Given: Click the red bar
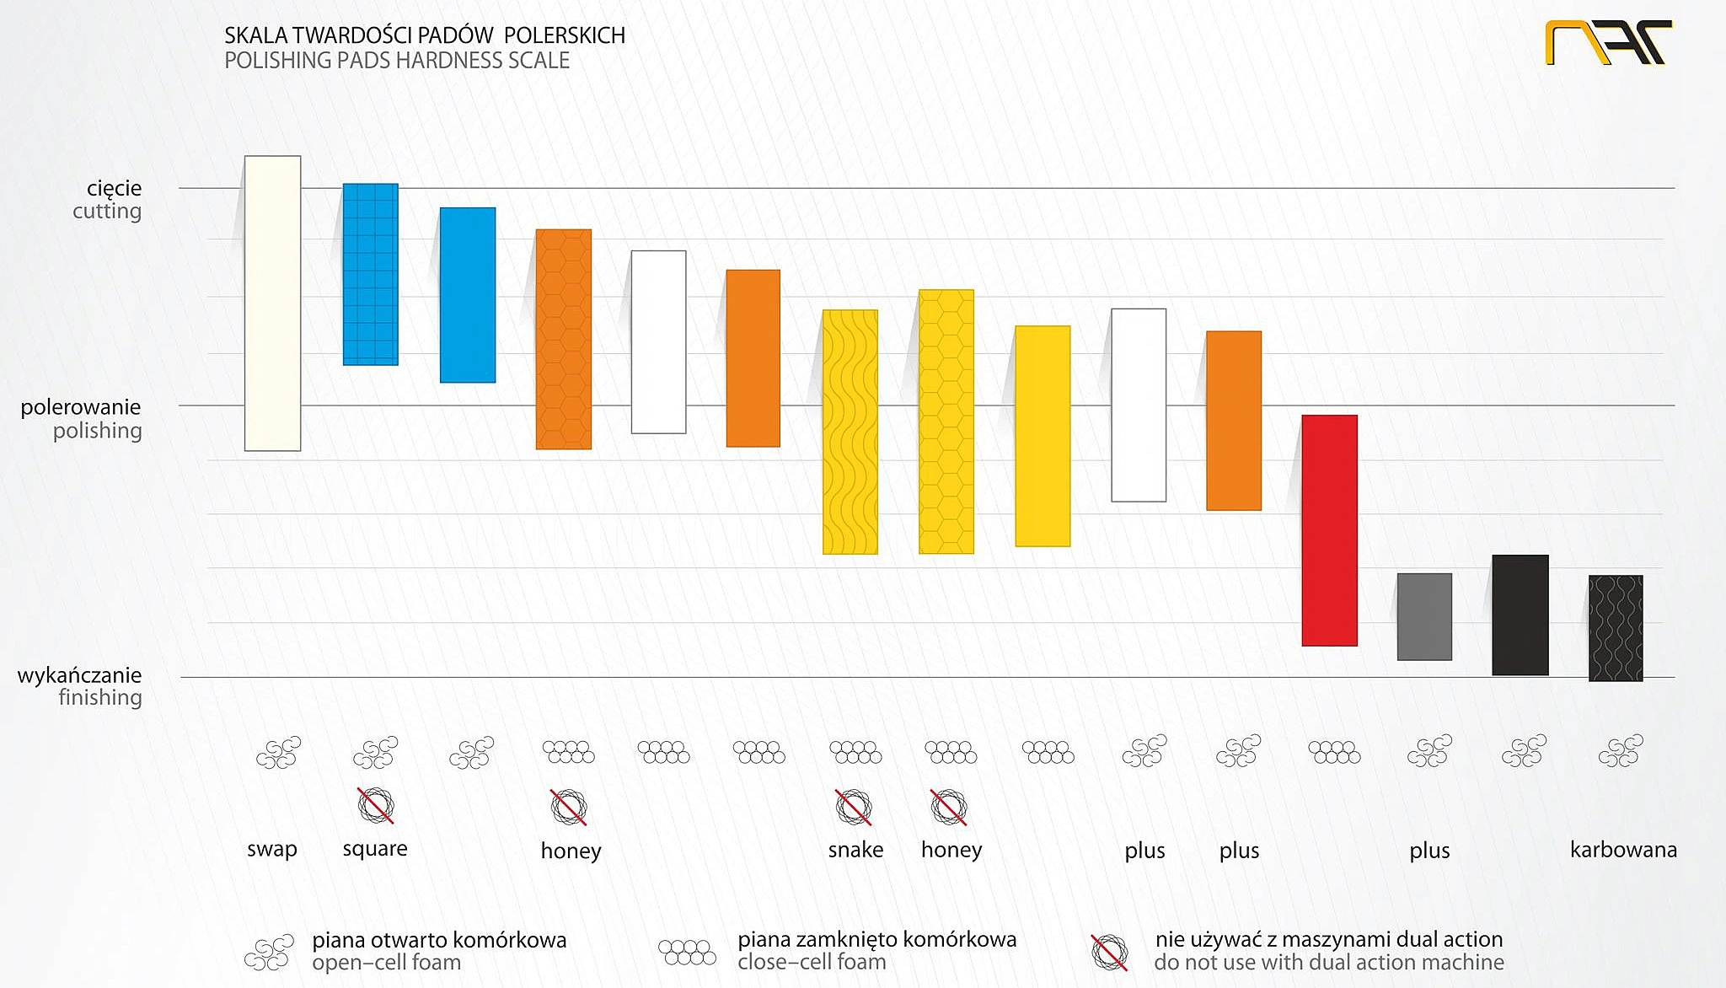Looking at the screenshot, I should pos(1329,530).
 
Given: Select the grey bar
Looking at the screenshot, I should pos(1424,616).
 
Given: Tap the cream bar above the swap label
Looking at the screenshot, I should pos(272,303).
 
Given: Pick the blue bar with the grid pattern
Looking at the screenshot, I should pos(370,274).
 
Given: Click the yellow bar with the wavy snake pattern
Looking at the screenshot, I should pos(850,432).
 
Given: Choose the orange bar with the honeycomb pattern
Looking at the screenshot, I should pos(563,339).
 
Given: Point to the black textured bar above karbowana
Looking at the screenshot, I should pos(1616,628).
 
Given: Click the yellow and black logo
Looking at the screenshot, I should pos(1607,42).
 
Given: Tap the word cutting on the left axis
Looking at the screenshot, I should pos(107,211).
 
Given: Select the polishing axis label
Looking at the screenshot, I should pos(98,431).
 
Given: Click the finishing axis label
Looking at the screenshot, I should pos(100,697).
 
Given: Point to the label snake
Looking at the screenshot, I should pos(855,850).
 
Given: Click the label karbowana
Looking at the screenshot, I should pos(1623,850).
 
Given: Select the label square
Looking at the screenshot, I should pos(375,849).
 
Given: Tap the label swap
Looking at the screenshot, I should pos(272,849).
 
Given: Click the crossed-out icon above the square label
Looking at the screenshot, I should pos(376,805).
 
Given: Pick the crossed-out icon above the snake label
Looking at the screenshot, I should pos(853,807).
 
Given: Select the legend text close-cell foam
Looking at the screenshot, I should pos(812,962).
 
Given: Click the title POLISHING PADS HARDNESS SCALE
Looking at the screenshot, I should pos(397,61).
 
